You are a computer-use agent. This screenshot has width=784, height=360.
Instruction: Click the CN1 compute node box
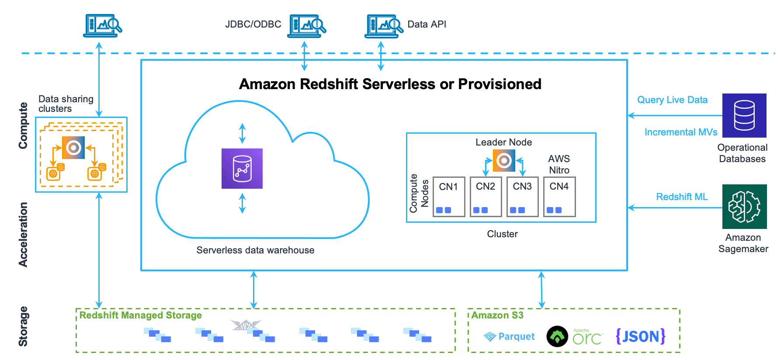click(x=448, y=197)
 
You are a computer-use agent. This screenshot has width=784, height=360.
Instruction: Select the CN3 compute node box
click(x=522, y=197)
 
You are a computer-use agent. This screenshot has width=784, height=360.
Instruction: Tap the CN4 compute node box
click(x=559, y=197)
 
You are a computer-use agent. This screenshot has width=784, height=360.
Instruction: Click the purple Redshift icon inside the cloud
click(x=242, y=169)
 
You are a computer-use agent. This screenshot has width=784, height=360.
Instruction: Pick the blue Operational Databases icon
click(x=744, y=115)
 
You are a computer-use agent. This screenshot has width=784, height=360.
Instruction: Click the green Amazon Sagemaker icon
click(x=744, y=207)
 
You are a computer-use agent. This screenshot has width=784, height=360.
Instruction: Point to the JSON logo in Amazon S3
click(x=640, y=336)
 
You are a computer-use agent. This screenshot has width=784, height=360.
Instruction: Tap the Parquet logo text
click(x=516, y=336)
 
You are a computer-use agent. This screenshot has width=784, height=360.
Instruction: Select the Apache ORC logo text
click(x=587, y=337)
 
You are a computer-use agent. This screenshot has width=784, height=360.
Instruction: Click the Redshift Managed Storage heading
click(x=140, y=315)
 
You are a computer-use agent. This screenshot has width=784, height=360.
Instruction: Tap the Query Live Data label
click(x=672, y=100)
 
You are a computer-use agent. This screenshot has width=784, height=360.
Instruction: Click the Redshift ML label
click(x=682, y=197)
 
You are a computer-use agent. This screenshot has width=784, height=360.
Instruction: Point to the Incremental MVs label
click(x=680, y=132)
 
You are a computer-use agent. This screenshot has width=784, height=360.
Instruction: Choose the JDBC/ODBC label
click(x=253, y=24)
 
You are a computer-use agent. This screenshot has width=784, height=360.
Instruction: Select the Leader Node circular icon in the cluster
click(x=504, y=161)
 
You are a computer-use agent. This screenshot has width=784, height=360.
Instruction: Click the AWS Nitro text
click(x=559, y=164)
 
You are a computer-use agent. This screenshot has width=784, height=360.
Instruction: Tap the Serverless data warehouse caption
click(x=255, y=250)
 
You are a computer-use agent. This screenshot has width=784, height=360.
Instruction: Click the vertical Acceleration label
click(x=23, y=234)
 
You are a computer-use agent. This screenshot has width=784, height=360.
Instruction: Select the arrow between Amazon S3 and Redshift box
click(x=541, y=290)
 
